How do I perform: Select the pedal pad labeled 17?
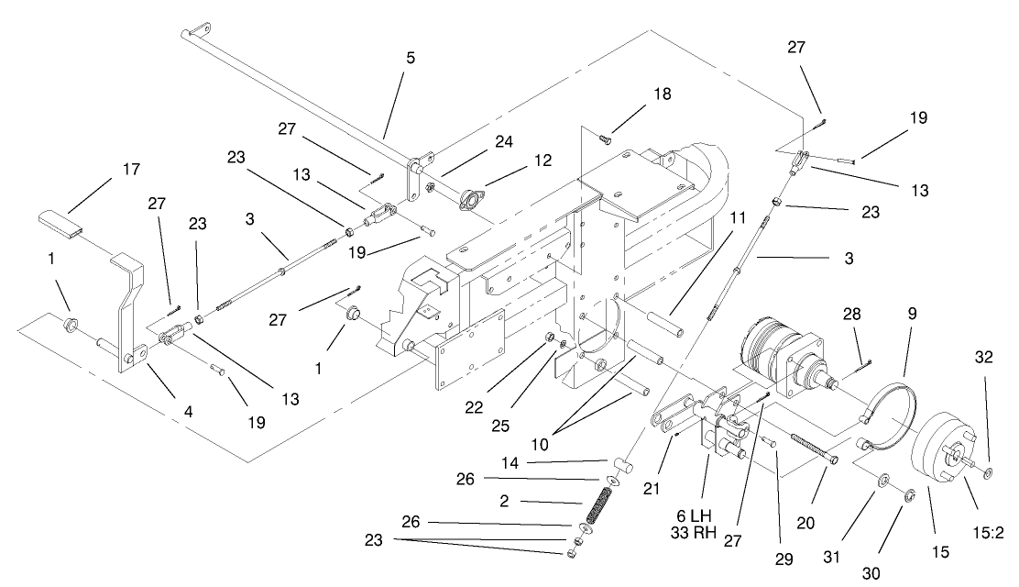(60, 222)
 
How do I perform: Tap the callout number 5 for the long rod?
(410, 57)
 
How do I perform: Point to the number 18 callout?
(661, 94)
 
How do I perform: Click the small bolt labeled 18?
(604, 138)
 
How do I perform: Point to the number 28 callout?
(851, 315)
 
